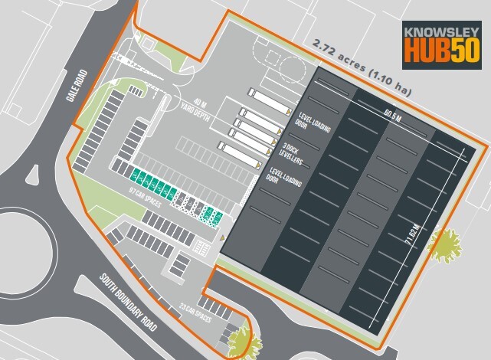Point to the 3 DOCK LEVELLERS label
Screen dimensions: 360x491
pyautogui.click(x=293, y=153)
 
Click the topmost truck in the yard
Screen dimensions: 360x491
pyautogui.click(x=264, y=98)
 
